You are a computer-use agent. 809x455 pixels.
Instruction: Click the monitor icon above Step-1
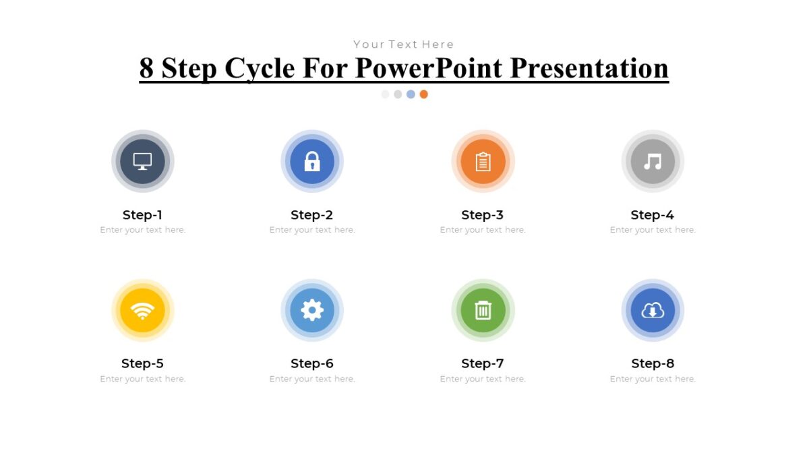(142, 162)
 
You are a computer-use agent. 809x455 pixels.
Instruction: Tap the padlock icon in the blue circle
(312, 162)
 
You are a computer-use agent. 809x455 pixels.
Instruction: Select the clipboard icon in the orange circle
(483, 162)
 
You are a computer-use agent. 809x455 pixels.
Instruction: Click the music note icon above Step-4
(653, 162)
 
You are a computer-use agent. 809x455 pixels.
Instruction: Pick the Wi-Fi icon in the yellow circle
(142, 311)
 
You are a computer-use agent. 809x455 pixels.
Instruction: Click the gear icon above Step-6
(312, 310)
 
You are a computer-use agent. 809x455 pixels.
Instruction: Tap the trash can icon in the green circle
(483, 310)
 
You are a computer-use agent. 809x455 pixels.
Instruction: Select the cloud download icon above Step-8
(653, 310)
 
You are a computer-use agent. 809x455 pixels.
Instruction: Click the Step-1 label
(142, 215)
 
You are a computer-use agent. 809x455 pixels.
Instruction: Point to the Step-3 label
(482, 215)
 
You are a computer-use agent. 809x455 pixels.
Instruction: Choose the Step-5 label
(142, 363)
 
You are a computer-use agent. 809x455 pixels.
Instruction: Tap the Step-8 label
(653, 363)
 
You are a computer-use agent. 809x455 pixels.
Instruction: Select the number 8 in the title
(146, 68)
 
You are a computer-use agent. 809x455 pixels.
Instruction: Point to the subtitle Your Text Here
(404, 44)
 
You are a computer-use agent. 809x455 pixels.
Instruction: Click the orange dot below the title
(423, 94)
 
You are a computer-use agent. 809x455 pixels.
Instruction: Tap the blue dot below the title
(411, 94)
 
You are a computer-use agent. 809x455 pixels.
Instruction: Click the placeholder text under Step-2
(312, 230)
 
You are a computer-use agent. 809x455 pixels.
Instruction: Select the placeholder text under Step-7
(483, 379)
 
